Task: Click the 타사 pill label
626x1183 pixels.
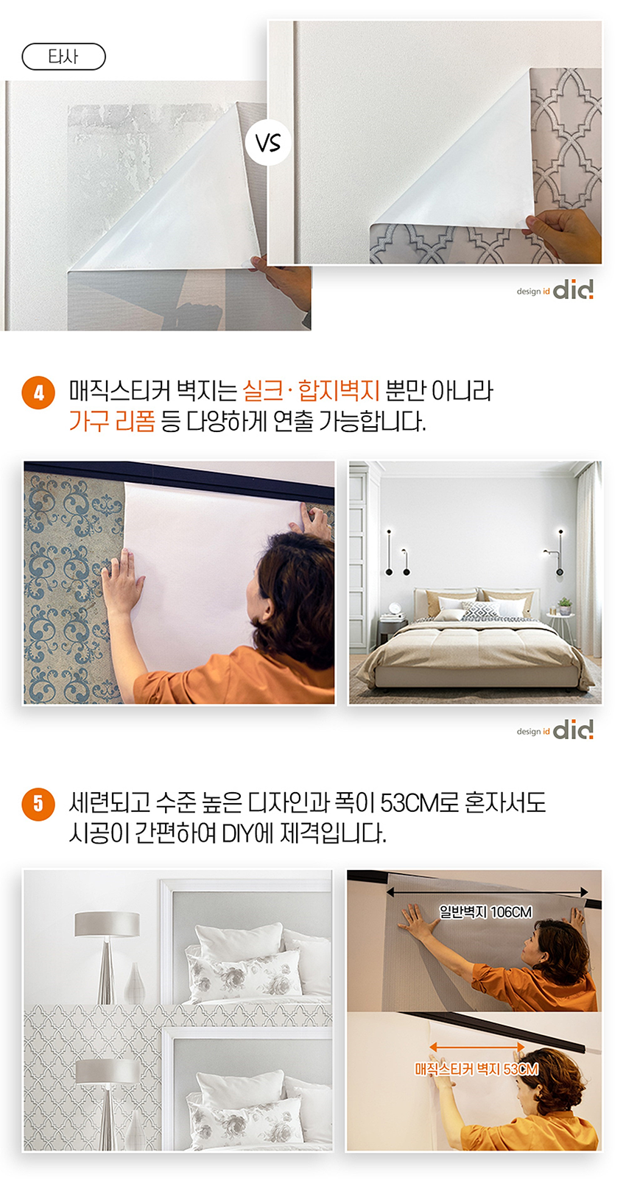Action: click(63, 57)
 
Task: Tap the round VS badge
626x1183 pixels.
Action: click(268, 143)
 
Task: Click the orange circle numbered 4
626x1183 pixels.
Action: click(38, 393)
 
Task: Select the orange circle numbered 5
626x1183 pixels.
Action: click(38, 805)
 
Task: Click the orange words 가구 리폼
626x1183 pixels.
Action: click(112, 421)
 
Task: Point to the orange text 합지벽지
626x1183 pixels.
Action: click(339, 391)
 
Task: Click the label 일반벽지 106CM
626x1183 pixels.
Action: click(485, 912)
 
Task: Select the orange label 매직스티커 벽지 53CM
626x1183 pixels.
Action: click(476, 1070)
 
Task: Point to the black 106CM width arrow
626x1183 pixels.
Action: click(487, 892)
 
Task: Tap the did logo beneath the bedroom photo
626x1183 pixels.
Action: click(555, 730)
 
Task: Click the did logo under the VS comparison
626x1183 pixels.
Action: click(555, 290)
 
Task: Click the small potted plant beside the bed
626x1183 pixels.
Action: click(565, 605)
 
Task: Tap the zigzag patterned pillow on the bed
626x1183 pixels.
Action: click(479, 610)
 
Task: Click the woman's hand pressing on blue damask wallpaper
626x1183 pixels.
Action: click(122, 581)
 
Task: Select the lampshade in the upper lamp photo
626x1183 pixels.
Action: click(108, 924)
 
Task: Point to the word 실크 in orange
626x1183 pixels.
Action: click(263, 391)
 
